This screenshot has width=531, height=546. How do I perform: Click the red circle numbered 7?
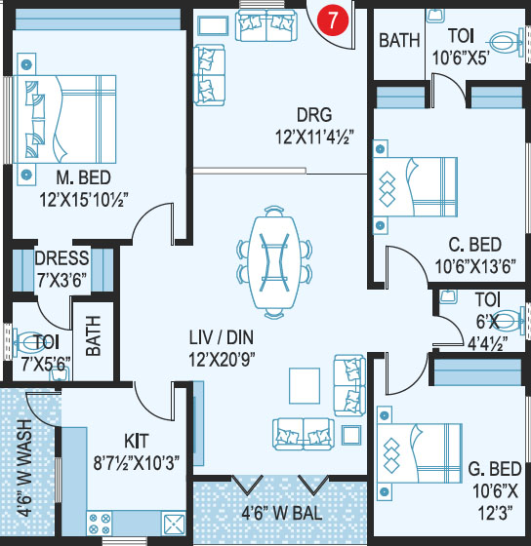coord(333,19)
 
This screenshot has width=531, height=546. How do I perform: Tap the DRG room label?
coord(314,115)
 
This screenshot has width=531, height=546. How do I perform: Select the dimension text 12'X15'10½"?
coord(84,200)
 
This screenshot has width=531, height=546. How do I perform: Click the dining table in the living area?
coord(274,262)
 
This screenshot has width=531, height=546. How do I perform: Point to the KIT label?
coord(137,441)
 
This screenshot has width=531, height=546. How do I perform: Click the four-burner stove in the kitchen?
coord(100,524)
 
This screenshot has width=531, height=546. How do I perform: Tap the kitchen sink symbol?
coord(174,525)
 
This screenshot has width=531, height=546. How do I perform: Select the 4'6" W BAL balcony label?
coord(282,513)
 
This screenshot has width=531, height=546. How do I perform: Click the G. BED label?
coord(495,469)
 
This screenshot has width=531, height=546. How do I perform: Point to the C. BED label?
coord(474,245)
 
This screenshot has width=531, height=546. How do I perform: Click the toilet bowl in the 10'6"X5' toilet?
coord(507,43)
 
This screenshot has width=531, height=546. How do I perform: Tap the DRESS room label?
coord(62,258)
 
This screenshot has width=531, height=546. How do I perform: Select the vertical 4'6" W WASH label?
coord(24,467)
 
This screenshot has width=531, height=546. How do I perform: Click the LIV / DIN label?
coord(222,337)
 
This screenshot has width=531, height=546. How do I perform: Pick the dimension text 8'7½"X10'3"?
coord(137,463)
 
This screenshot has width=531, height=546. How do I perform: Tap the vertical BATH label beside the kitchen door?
coord(93,335)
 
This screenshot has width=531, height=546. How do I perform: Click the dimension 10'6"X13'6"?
coord(474,267)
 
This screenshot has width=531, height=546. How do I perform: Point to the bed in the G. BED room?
coord(420,452)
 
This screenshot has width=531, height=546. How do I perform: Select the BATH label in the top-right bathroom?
coord(399,40)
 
